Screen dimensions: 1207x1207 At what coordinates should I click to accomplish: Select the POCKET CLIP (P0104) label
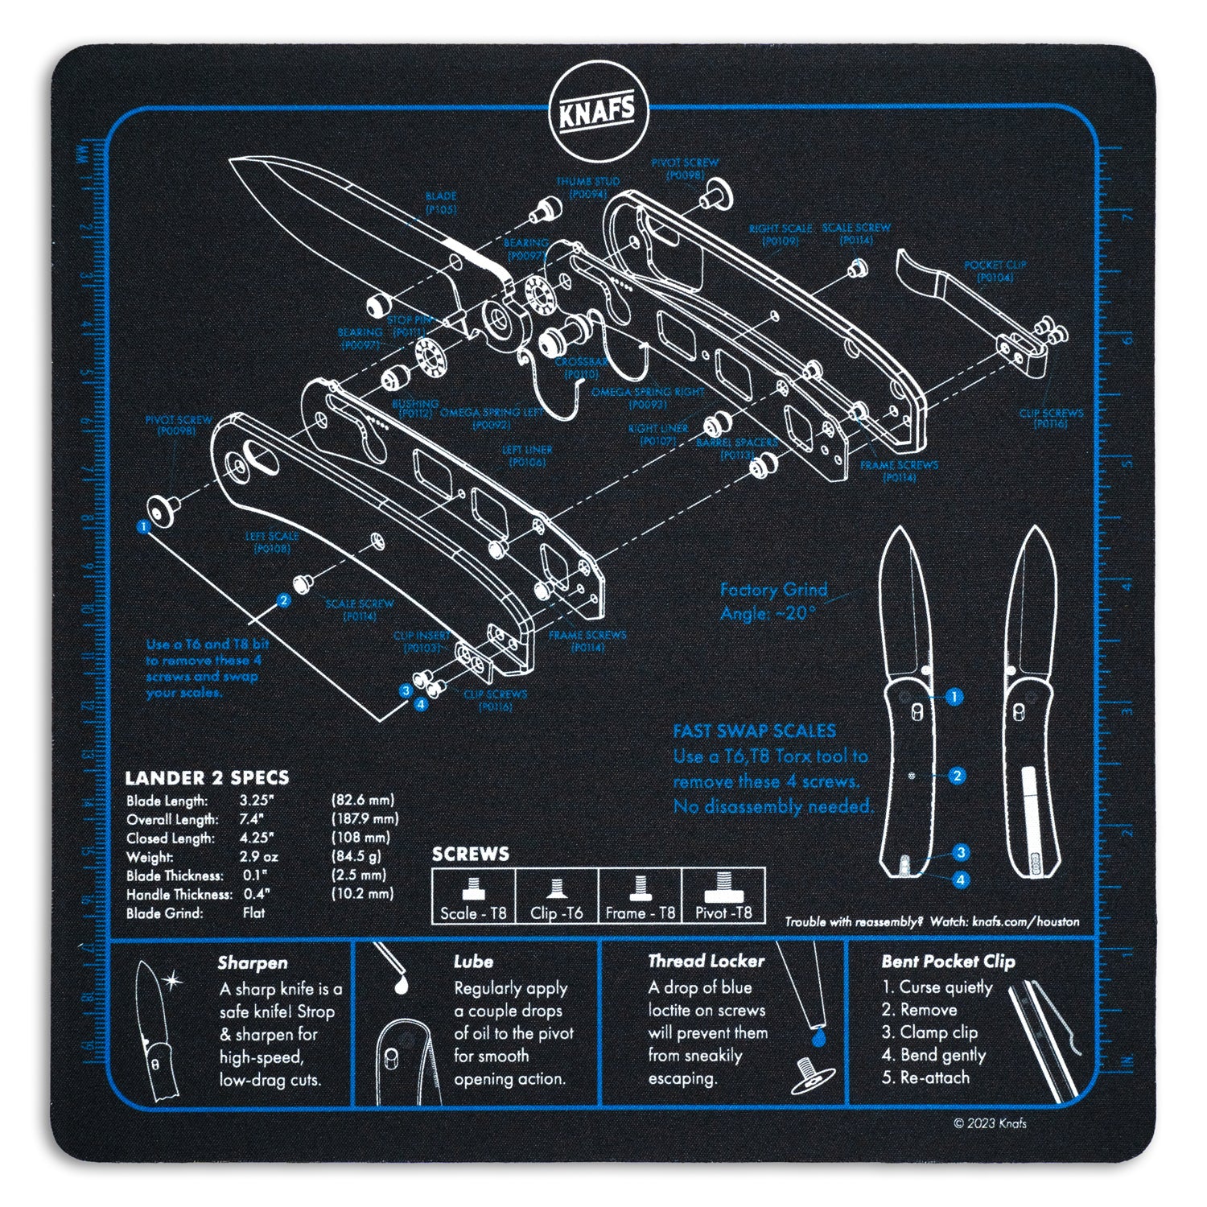click(x=995, y=271)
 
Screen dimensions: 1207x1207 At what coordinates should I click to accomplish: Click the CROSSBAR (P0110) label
click(x=580, y=369)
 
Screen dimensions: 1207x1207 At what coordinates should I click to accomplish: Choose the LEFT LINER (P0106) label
click(x=527, y=456)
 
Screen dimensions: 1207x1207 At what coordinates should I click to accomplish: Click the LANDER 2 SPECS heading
click(x=207, y=778)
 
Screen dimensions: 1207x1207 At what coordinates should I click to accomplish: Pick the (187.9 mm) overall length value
click(x=365, y=819)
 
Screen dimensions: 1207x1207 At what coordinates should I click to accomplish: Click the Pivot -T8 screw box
click(x=723, y=896)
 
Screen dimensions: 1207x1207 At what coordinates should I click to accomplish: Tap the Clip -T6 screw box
click(x=556, y=896)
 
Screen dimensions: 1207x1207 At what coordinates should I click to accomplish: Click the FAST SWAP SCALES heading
click(x=754, y=731)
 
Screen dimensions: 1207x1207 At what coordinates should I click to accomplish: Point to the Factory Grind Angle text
click(x=772, y=601)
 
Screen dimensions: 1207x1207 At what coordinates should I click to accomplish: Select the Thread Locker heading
click(x=706, y=961)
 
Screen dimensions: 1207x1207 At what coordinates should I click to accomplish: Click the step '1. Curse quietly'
click(x=937, y=987)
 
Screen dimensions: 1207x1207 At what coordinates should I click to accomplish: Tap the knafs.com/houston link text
click(x=1025, y=922)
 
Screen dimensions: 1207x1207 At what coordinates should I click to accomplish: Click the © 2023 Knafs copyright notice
click(x=990, y=1123)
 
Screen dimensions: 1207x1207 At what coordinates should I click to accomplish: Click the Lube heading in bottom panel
click(x=473, y=962)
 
